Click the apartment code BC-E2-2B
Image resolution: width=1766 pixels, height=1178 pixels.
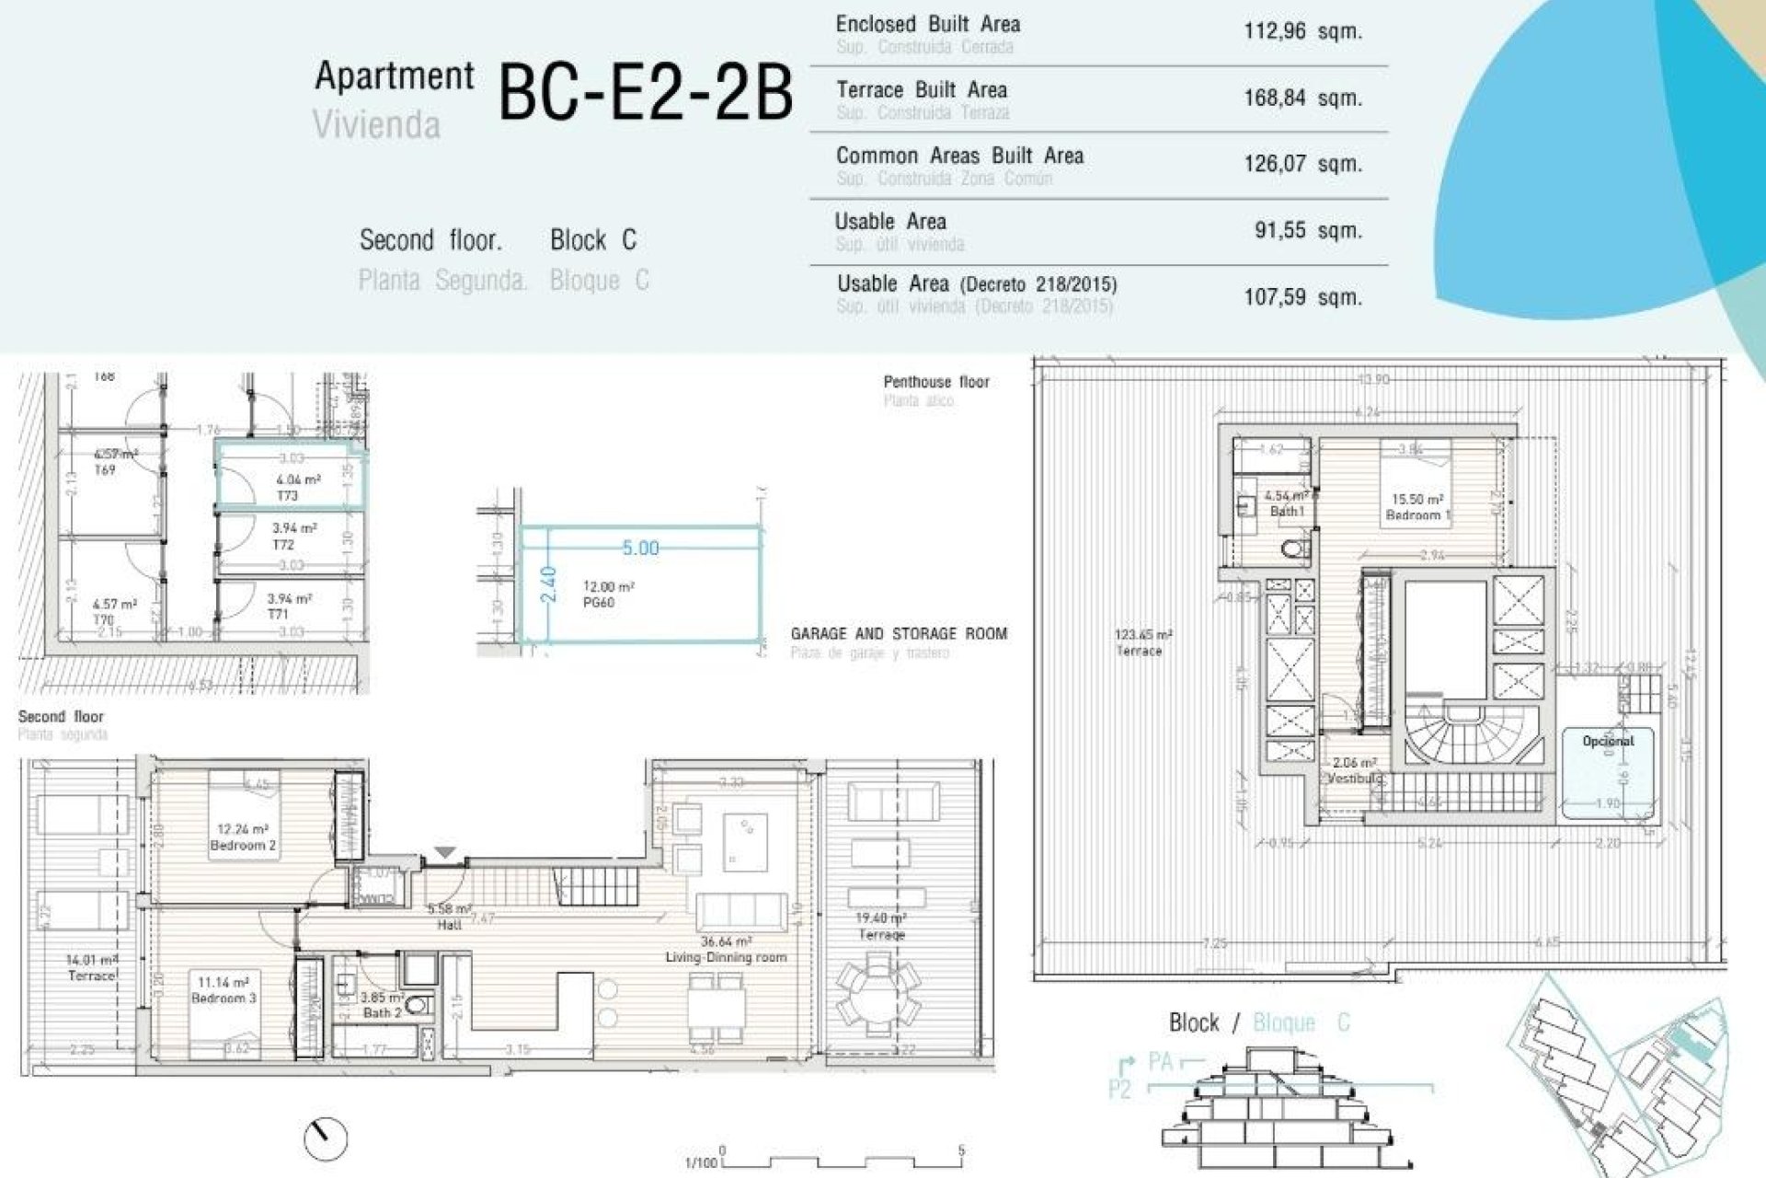[644, 93]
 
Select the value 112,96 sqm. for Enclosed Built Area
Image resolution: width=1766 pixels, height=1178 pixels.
[1302, 31]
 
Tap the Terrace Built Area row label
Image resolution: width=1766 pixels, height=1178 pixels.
[921, 90]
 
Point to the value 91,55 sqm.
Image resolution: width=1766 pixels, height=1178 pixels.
[1307, 230]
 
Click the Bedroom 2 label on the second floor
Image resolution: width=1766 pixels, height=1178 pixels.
[243, 845]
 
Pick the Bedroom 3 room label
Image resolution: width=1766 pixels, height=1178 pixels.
[224, 998]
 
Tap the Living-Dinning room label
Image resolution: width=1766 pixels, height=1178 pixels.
[726, 957]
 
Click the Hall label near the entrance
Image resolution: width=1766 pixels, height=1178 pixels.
[449, 924]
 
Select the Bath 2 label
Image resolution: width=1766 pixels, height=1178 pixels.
[381, 1012]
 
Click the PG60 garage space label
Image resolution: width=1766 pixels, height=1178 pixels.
[598, 603]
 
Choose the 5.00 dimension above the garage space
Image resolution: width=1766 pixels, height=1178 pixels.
[640, 549]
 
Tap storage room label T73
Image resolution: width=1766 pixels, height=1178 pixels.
[288, 495]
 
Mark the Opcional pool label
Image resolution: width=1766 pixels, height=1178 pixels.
[1607, 741]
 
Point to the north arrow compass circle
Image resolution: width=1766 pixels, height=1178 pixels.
[326, 1139]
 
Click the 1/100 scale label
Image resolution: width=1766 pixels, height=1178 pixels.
[700, 1162]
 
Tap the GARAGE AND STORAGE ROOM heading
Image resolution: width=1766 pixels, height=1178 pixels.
[899, 634]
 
